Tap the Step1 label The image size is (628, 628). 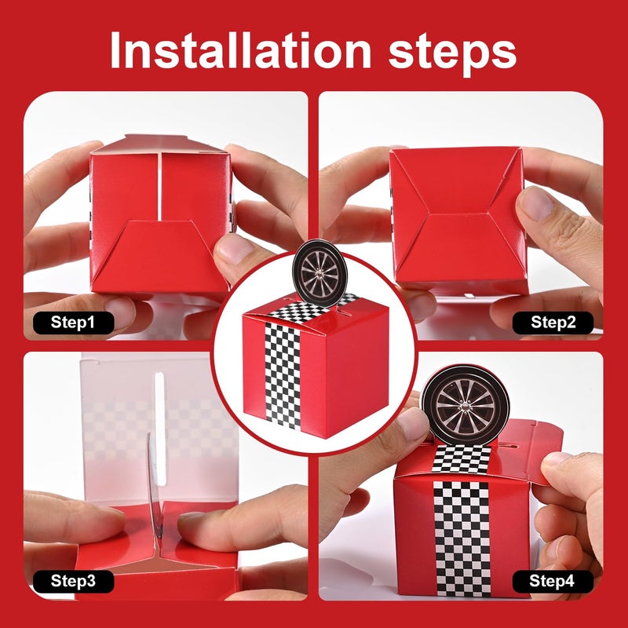pyautogui.click(x=73, y=323)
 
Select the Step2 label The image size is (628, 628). pyautogui.click(x=553, y=323)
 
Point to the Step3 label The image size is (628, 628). pyautogui.click(x=73, y=581)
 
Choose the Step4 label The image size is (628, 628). pyautogui.click(x=553, y=581)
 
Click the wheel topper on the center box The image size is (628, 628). pyautogui.click(x=319, y=272)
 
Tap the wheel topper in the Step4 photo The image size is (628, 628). pyautogui.click(x=466, y=405)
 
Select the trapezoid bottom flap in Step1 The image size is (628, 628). pyautogui.click(x=159, y=257)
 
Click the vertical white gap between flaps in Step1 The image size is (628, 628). pyautogui.click(x=160, y=186)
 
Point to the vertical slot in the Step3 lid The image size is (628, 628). pyautogui.click(x=160, y=428)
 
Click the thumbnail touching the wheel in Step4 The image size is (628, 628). pyautogui.click(x=411, y=422)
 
